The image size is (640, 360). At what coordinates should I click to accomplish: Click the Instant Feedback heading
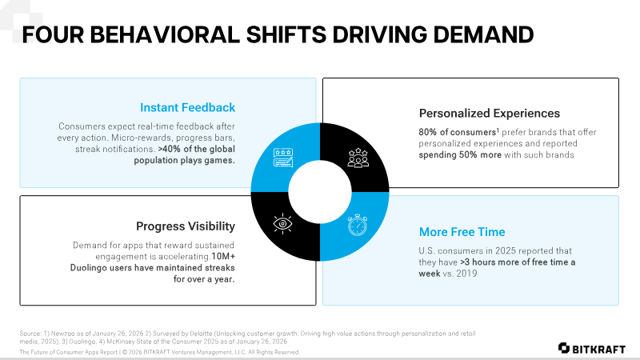[x=187, y=107]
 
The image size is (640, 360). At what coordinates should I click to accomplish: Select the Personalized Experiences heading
[x=490, y=114]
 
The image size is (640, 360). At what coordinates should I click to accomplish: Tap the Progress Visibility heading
[x=186, y=226]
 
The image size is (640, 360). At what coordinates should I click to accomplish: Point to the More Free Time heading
[x=462, y=232]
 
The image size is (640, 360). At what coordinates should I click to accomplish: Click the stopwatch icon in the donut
[x=357, y=225]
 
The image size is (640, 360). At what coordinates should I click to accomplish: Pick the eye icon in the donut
[x=282, y=223]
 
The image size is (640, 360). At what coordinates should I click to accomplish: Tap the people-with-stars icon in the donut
[x=358, y=158]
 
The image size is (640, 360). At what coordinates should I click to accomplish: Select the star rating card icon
[x=283, y=158]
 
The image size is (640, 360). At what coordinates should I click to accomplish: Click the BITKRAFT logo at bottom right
[x=592, y=349]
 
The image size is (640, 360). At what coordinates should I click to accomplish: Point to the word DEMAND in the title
[x=483, y=34]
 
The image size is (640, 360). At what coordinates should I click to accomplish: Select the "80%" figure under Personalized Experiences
[x=428, y=132]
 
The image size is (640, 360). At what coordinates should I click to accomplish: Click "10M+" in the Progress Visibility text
[x=223, y=256]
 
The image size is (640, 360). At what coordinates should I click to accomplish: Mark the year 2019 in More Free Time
[x=466, y=274]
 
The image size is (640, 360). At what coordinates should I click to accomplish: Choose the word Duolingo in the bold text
[x=88, y=268]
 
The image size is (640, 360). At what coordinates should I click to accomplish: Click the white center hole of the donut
[x=320, y=192]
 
